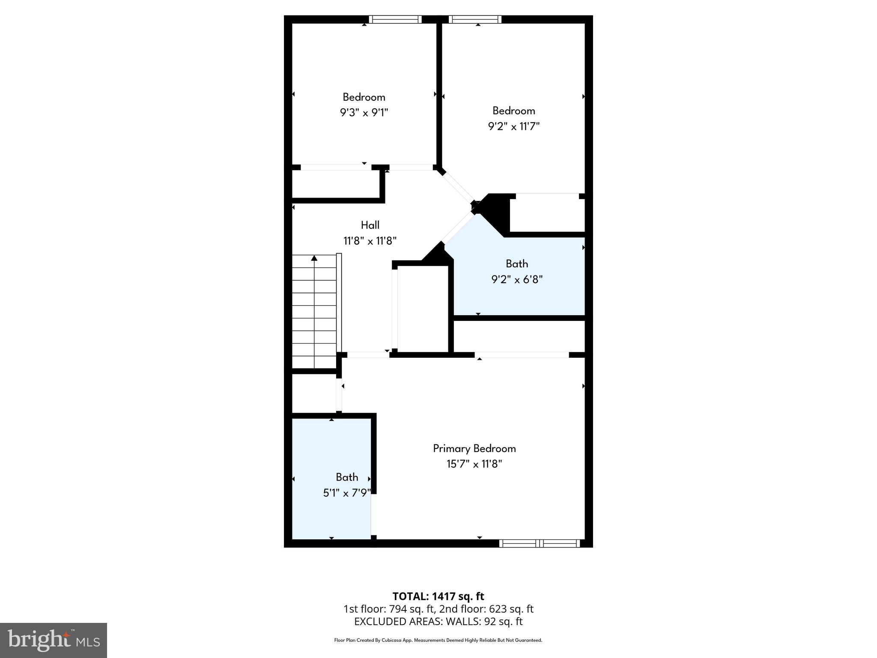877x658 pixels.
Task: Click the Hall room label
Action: click(370, 225)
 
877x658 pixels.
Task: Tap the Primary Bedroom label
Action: click(474, 449)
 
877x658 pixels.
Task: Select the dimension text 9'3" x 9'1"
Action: click(364, 113)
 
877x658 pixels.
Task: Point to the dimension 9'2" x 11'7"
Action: click(513, 126)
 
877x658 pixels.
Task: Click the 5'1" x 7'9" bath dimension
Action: click(346, 493)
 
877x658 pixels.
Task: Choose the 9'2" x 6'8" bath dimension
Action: click(516, 280)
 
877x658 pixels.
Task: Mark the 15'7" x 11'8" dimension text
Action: click(474, 464)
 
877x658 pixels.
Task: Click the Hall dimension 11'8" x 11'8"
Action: click(370, 241)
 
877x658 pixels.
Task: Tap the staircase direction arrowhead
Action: click(314, 258)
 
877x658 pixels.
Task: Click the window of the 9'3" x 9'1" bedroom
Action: click(395, 19)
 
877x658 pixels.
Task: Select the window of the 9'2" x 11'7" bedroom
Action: click(475, 19)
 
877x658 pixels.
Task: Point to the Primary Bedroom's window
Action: click(540, 544)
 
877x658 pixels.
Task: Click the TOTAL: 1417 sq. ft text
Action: click(438, 596)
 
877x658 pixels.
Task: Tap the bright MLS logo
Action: click(54, 640)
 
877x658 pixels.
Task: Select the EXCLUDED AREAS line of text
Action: click(438, 622)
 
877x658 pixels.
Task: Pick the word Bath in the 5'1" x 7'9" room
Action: click(347, 477)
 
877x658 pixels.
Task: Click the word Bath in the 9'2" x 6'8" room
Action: click(516, 264)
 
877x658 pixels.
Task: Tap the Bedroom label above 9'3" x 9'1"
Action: click(364, 97)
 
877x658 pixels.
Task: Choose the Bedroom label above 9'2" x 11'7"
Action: click(513, 111)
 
